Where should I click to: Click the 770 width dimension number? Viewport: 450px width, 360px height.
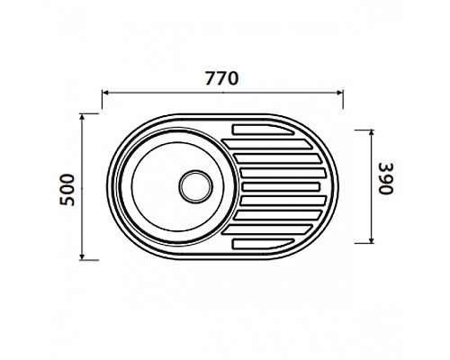[221, 77]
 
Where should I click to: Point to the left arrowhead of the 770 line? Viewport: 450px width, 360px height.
[105, 92]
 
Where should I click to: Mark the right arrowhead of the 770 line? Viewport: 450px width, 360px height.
[339, 92]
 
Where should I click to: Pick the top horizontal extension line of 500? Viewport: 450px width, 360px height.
[94, 113]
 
